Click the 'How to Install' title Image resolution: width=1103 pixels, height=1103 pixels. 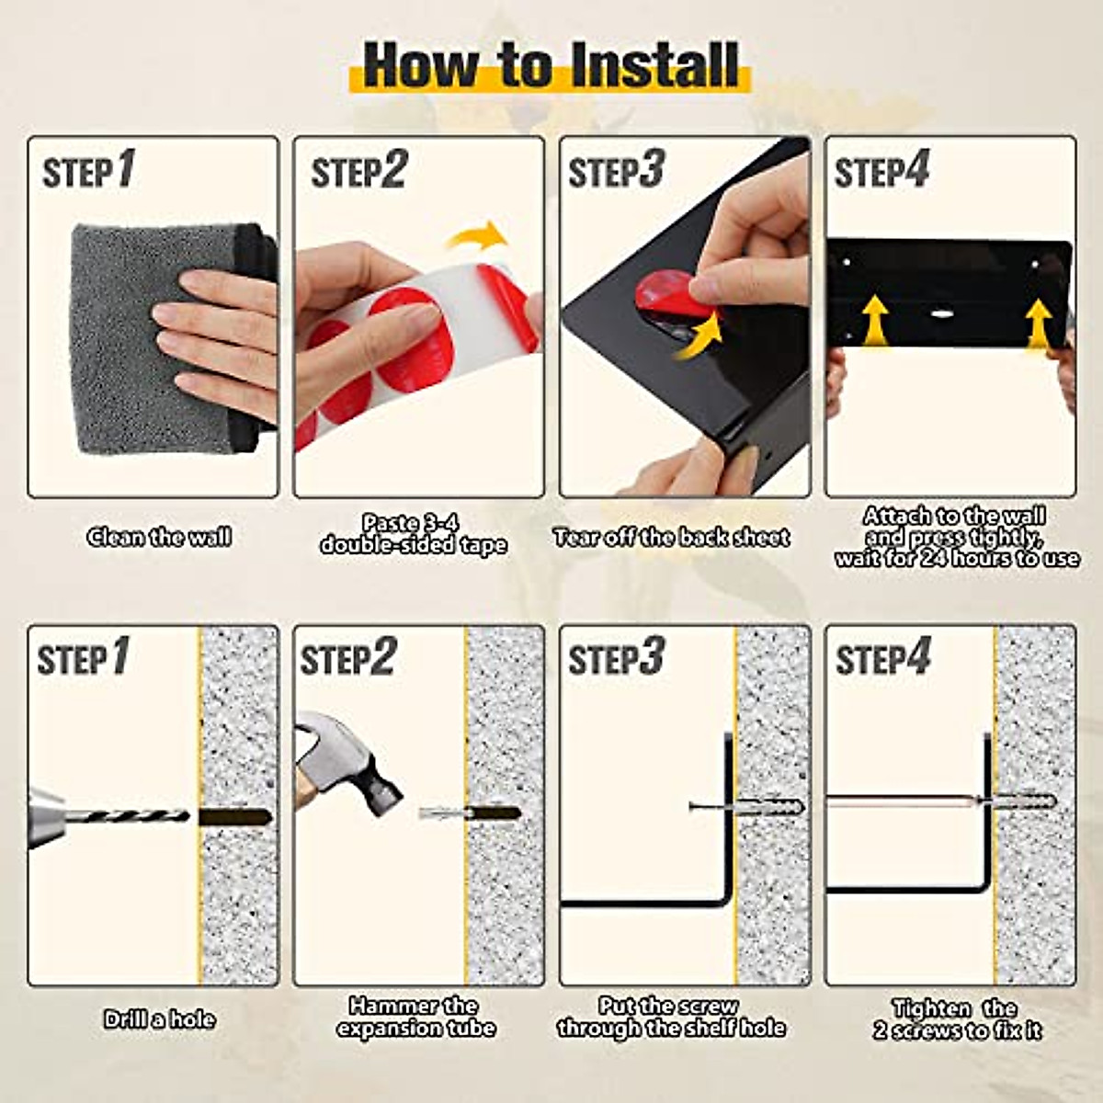[550, 66]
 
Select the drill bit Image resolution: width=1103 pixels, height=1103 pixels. [136, 816]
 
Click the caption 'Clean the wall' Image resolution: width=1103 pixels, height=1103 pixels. [159, 537]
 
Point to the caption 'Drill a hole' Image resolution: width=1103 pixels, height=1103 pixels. [159, 1018]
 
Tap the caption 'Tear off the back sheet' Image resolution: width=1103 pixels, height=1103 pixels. [671, 537]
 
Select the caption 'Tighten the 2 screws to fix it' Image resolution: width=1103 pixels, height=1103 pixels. [957, 1018]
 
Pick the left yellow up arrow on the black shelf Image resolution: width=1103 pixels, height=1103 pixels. [875, 321]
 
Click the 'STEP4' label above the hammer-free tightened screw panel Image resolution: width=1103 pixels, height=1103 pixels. [883, 657]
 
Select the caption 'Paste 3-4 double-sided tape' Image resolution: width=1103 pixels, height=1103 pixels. [414, 533]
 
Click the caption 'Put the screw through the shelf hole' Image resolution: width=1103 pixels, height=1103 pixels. [671, 1017]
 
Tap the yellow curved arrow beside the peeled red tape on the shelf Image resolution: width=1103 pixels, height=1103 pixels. [699, 337]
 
